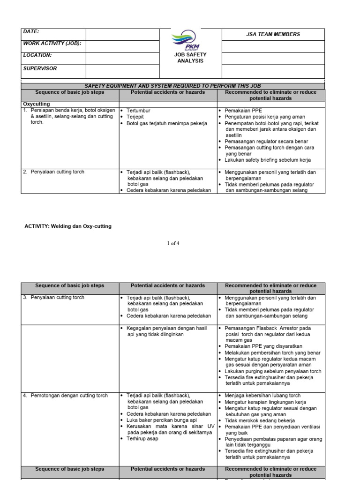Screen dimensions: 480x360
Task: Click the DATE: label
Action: (x=31, y=31)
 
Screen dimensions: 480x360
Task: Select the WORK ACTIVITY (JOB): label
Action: (x=52, y=44)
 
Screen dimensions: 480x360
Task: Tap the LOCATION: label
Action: (x=37, y=55)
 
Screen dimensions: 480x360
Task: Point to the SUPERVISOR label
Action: (x=40, y=68)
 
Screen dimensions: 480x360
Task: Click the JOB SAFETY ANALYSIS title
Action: (x=190, y=58)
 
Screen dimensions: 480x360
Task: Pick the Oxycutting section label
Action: (x=36, y=104)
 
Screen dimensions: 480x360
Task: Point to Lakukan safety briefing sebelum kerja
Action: (x=267, y=160)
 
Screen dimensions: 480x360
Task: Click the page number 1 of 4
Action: (x=173, y=243)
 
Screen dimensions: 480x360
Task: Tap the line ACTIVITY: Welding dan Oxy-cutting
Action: (x=68, y=226)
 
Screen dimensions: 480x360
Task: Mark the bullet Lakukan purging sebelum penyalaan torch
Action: (x=273, y=371)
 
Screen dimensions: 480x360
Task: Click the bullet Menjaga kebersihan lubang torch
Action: (x=262, y=396)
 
